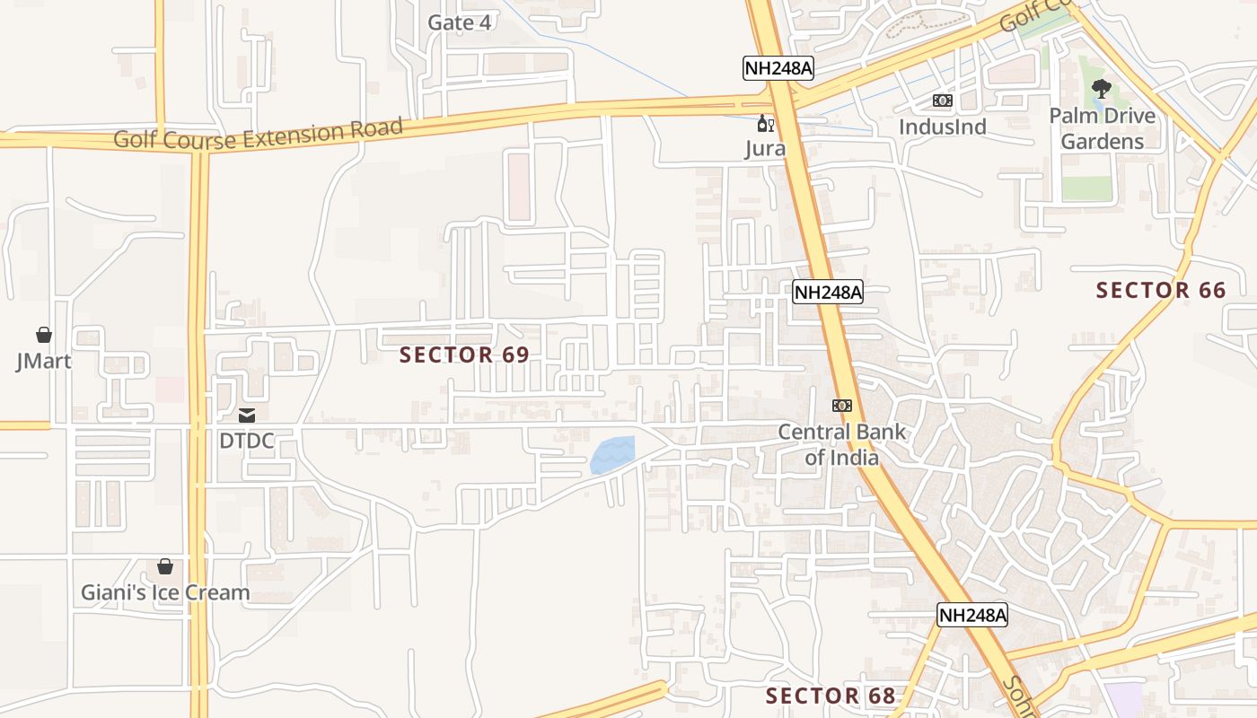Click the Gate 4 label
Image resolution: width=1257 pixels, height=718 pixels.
459,22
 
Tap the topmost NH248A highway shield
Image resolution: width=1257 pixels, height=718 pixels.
778,68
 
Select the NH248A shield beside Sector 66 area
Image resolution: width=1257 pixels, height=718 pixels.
827,292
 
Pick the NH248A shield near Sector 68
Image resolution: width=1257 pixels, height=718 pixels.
972,615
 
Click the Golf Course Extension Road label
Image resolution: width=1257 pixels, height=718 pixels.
259,135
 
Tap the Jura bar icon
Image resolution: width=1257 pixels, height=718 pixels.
765,124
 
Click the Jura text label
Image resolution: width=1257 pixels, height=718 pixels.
765,149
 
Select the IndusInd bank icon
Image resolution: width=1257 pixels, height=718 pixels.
942,101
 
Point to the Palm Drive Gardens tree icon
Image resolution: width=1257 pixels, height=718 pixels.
1102,89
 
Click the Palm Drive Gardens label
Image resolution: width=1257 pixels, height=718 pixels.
1102,128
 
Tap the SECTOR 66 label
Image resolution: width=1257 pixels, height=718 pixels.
1160,290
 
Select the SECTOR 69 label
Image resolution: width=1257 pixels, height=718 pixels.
464,355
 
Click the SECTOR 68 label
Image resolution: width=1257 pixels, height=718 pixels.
830,696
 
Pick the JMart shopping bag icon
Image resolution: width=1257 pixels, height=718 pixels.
43,335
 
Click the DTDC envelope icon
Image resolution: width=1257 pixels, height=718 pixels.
247,416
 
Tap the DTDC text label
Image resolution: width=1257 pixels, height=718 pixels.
247,441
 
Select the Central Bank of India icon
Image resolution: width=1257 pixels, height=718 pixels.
841,406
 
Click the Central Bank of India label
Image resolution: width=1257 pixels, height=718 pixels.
841,444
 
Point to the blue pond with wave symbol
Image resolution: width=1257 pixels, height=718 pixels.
613,456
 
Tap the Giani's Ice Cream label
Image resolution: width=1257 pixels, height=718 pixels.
165,592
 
